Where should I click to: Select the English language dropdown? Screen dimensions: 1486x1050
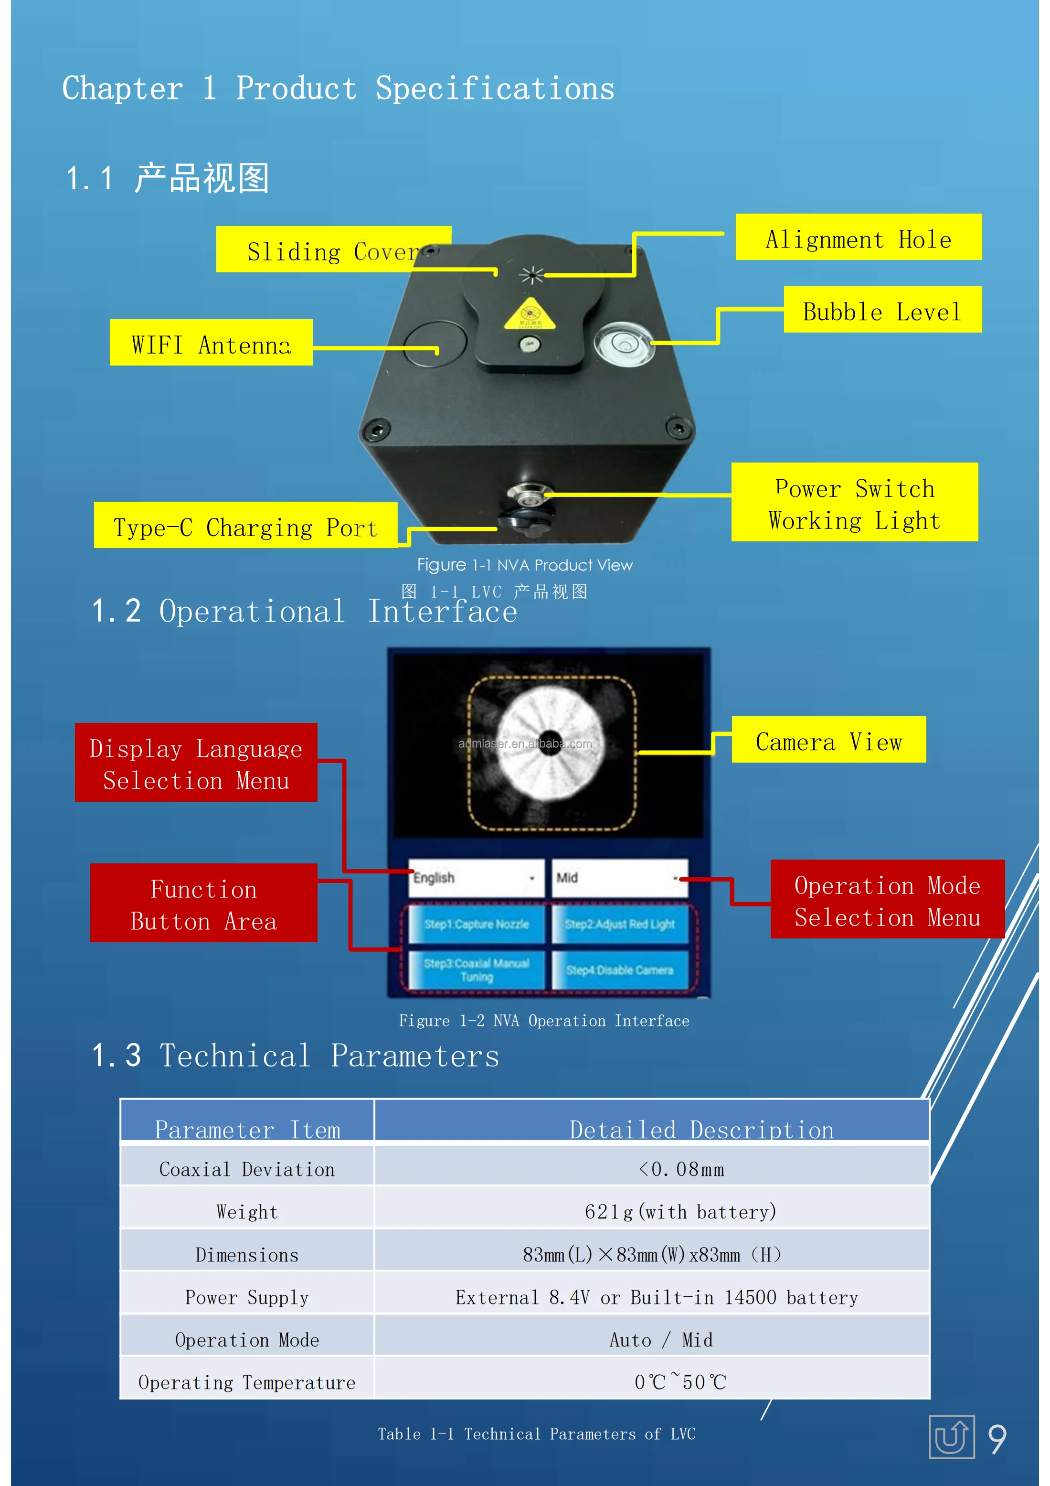point(476,878)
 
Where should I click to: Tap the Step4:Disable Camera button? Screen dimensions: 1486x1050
point(619,969)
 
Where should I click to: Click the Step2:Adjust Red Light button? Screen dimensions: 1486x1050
point(619,924)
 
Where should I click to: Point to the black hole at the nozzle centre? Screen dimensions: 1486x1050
point(550,742)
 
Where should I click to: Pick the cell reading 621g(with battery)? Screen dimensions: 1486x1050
point(680,1210)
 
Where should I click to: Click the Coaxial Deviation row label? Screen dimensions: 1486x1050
point(247,1168)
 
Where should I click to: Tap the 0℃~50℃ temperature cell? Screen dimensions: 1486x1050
point(680,1381)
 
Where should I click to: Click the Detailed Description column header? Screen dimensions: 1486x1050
point(701,1129)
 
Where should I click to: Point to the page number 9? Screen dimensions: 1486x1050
point(997,1438)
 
